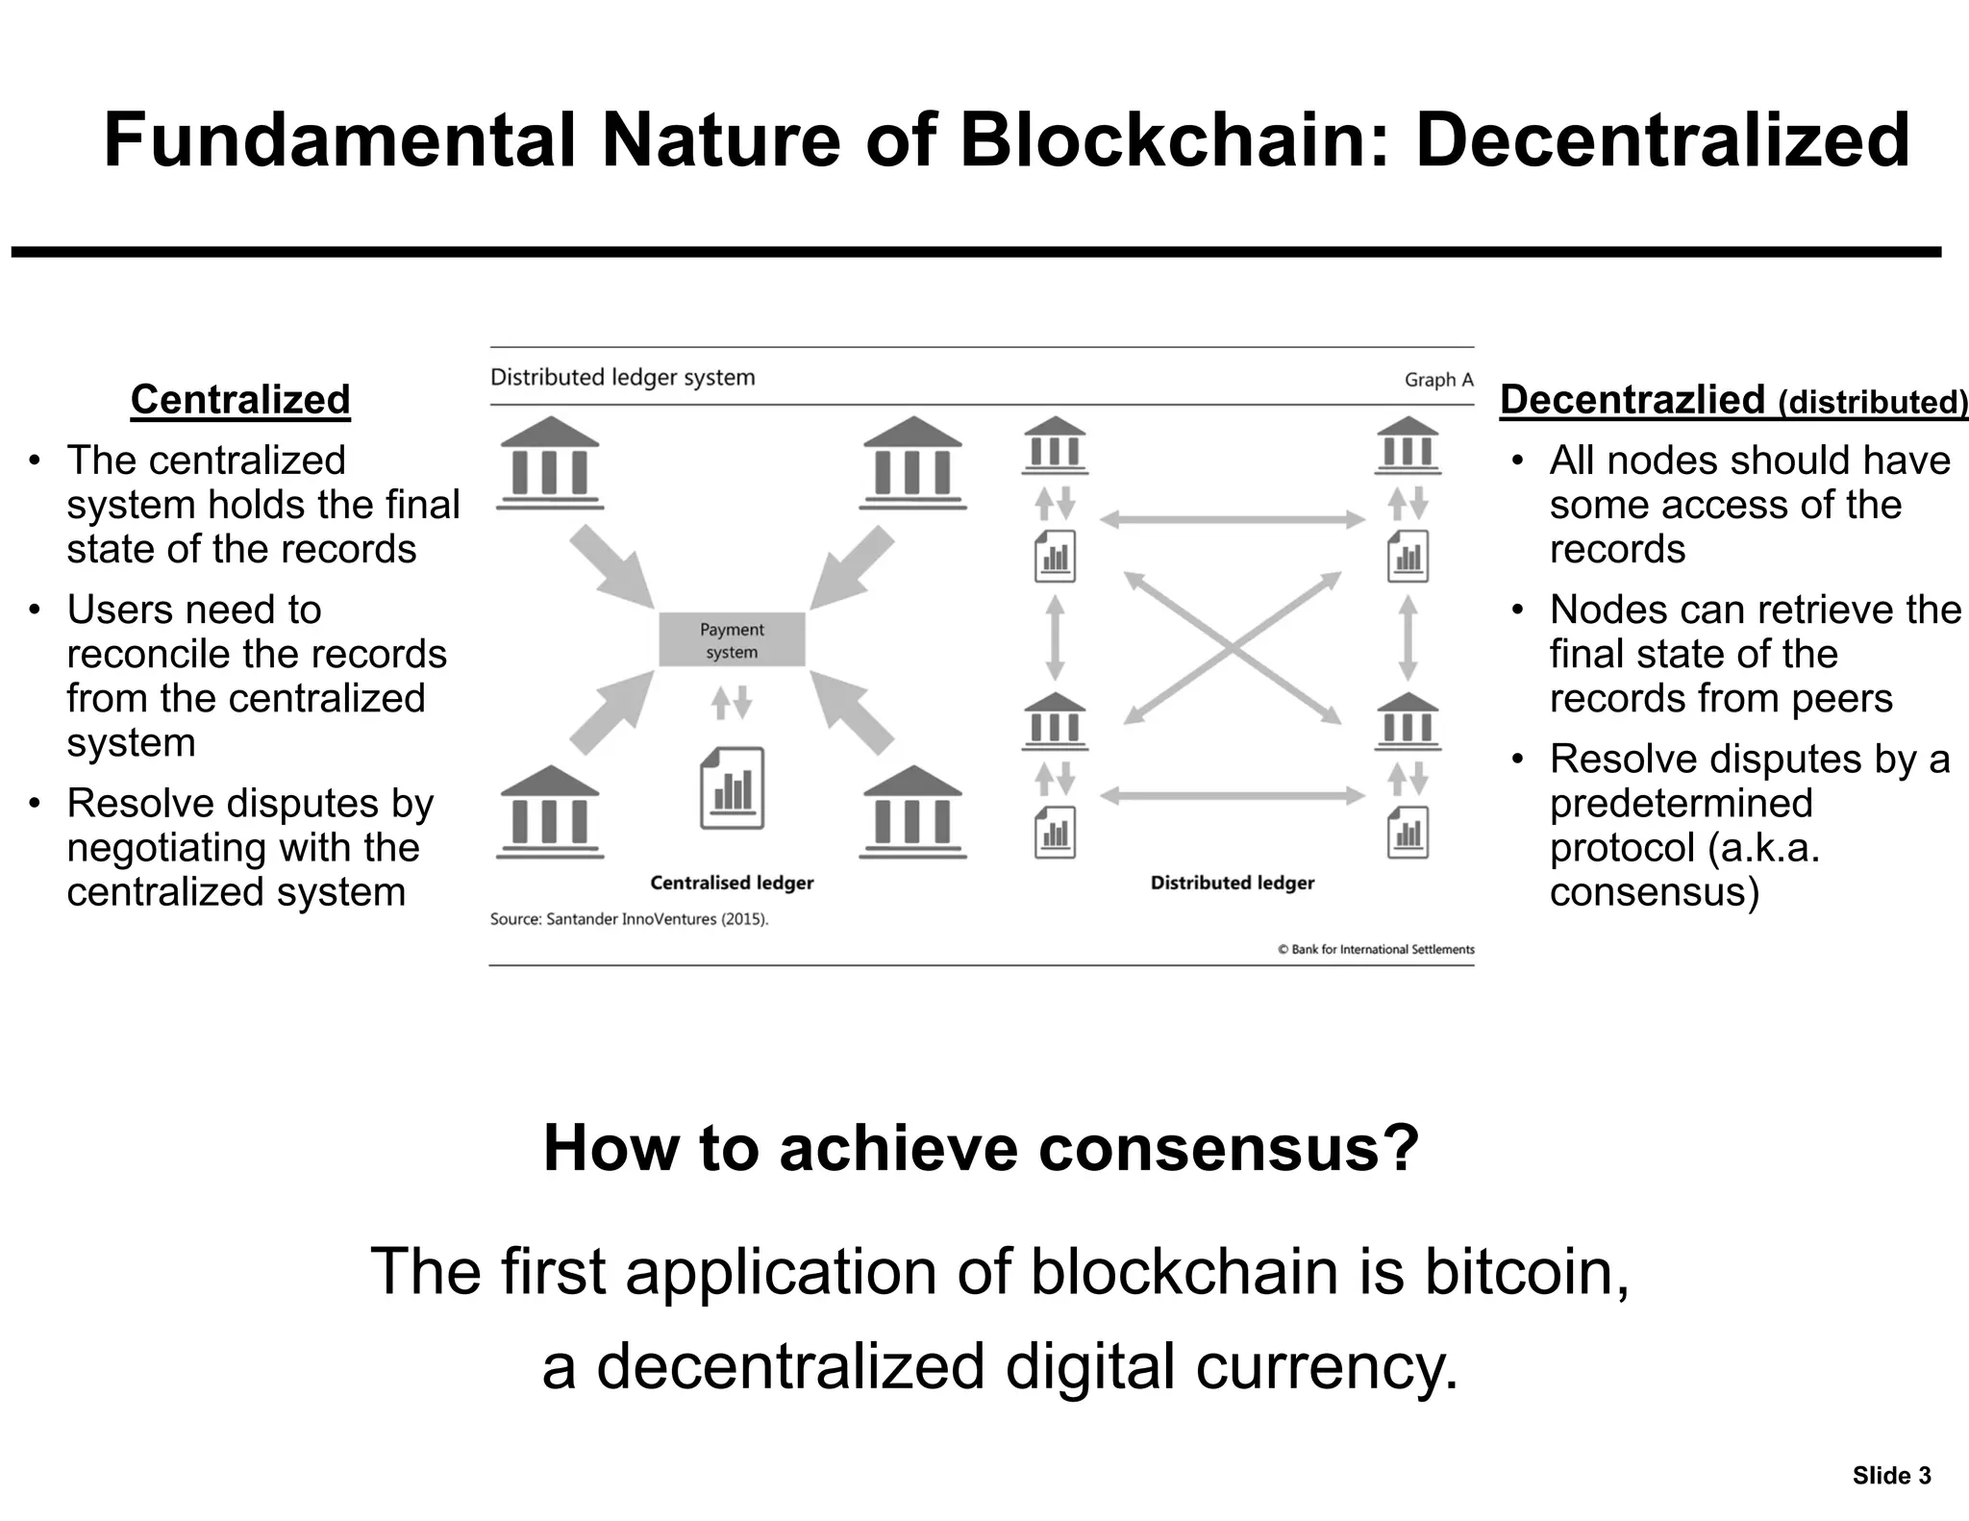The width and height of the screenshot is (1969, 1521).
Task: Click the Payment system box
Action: [732, 640]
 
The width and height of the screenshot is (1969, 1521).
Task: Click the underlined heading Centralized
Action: [240, 400]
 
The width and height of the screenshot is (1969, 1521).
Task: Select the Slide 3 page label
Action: [1891, 1476]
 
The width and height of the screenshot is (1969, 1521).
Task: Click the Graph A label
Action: [1438, 380]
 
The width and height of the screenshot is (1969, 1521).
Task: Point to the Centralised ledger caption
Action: [732, 883]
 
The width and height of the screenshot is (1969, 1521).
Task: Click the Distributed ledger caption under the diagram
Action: [1232, 883]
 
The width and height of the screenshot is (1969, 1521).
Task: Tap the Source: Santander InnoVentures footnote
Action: [629, 919]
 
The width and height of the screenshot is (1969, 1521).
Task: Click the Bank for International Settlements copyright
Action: [1376, 949]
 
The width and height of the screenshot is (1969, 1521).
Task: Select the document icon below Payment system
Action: [732, 788]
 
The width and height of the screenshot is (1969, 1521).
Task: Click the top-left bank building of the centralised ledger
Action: [550, 462]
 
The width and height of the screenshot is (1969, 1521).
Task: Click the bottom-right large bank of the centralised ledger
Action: [912, 811]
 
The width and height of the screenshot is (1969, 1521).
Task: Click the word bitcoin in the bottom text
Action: [1526, 1271]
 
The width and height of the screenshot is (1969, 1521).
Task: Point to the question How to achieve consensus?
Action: [981, 1148]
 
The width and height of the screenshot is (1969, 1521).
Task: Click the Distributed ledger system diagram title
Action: [622, 377]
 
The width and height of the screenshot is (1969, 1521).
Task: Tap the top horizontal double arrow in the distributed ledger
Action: [1232, 520]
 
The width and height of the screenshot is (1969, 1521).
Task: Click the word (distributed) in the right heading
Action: [1873, 403]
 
